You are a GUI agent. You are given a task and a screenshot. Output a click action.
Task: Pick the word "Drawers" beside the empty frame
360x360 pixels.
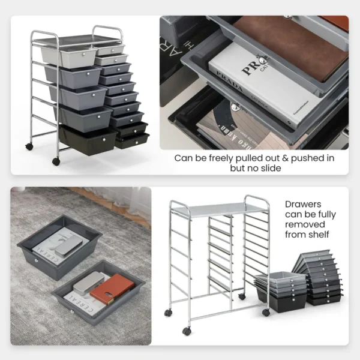point(304,204)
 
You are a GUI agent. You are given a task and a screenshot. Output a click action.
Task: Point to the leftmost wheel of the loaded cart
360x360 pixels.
point(29,146)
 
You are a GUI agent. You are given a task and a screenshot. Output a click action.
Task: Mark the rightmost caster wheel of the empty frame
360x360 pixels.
point(266,312)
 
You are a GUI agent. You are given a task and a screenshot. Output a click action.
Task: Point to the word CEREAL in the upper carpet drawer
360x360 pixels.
point(46,252)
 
